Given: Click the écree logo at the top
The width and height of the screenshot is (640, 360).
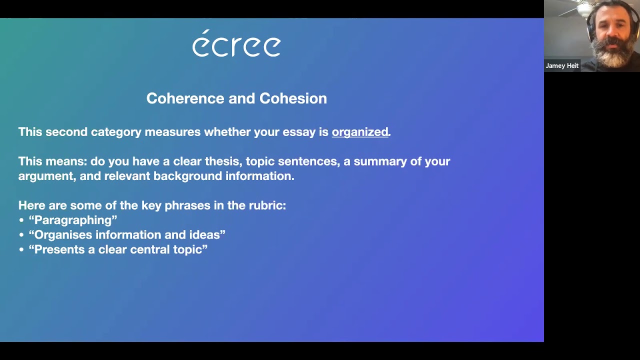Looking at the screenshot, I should click(236, 44).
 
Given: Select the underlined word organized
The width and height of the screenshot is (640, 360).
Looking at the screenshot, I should click(360, 132).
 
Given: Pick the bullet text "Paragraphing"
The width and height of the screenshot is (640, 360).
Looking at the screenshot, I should click(73, 220).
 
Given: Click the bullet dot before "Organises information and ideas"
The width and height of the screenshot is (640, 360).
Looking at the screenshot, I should click(21, 235).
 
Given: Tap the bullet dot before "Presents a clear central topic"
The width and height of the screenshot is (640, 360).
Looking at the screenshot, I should click(21, 250).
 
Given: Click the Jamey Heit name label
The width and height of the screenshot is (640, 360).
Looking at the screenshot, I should click(562, 66).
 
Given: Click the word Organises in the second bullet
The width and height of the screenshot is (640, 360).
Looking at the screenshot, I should click(63, 235).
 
